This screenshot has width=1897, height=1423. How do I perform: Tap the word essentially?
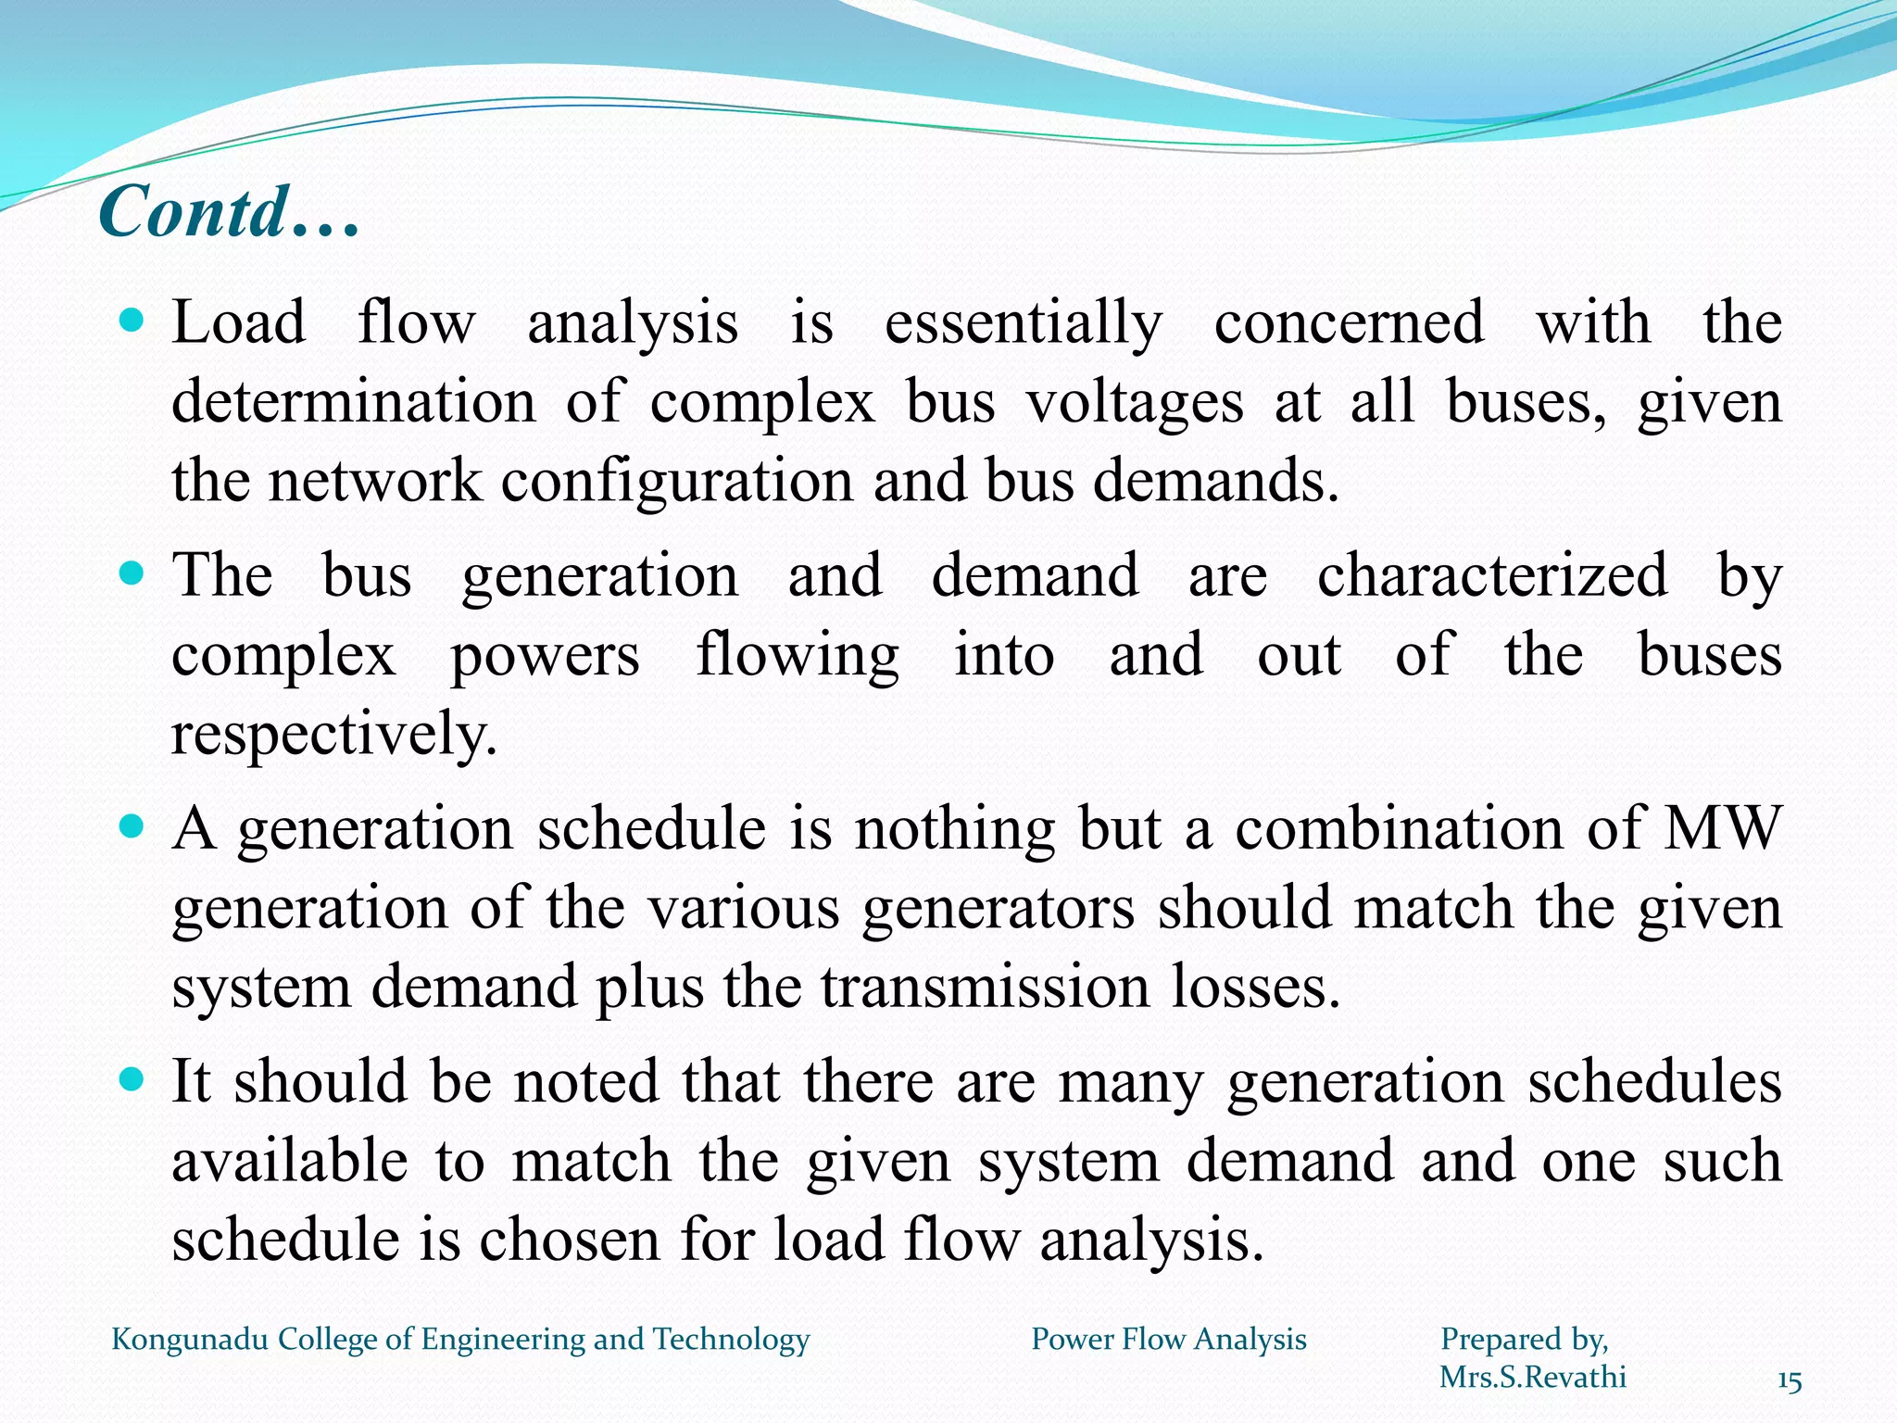pos(1023,323)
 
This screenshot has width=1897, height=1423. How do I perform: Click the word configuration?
pos(676,482)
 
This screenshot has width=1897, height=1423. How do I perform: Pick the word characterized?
pos(1492,575)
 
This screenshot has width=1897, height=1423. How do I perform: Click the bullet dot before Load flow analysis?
pos(133,321)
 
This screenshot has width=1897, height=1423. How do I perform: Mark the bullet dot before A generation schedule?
pos(133,825)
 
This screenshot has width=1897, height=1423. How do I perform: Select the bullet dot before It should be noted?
pos(133,1078)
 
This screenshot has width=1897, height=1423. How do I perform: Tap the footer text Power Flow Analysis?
pos(1169,1340)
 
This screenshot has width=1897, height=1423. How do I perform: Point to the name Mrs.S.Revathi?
pos(1532,1378)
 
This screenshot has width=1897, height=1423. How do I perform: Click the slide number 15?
pos(1789,1382)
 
